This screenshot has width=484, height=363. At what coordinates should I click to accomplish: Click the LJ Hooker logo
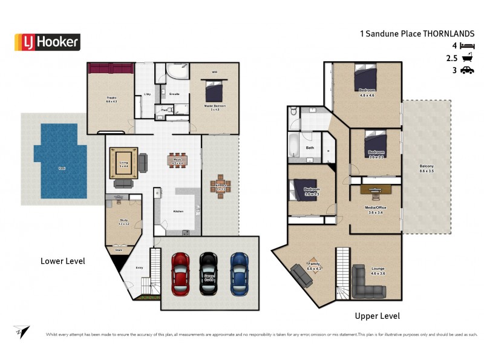tap(47, 42)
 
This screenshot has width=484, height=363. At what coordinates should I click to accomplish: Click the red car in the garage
tap(181, 273)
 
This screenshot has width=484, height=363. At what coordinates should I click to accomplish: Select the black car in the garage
tap(209, 273)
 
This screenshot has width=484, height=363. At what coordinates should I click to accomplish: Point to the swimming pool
tap(59, 161)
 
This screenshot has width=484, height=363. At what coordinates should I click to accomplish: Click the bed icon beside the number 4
tap(467, 45)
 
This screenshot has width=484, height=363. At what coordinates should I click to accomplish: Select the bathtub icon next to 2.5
tap(467, 58)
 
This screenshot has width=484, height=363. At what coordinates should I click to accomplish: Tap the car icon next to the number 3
tap(467, 71)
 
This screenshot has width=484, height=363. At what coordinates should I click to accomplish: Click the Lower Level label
tap(62, 261)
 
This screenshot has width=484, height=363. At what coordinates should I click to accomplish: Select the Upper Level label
tap(377, 316)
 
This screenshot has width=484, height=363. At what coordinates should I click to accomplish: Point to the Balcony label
tap(427, 166)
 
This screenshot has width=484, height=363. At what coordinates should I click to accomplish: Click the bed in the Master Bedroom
tap(215, 92)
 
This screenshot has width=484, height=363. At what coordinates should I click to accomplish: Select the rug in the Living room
tap(124, 162)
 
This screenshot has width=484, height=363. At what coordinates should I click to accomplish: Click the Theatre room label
tap(111, 97)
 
